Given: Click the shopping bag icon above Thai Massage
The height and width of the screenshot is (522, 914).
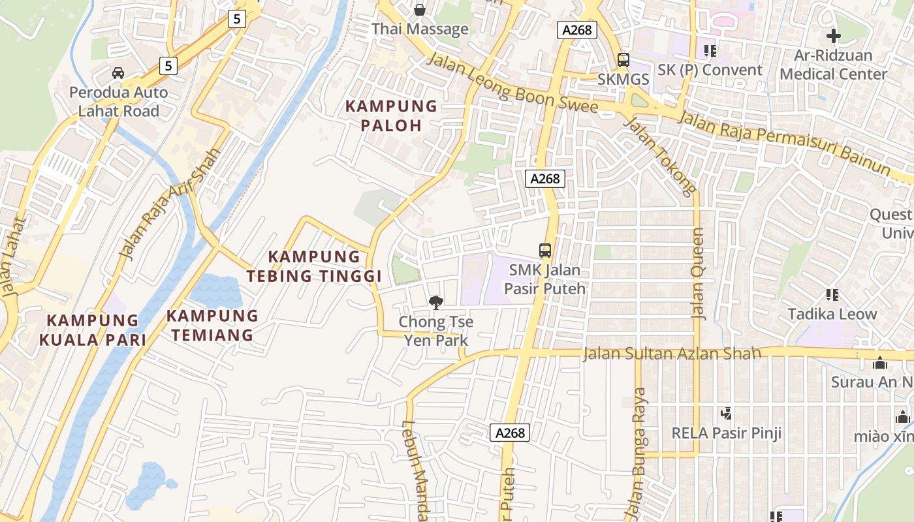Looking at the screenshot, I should pos(420,10).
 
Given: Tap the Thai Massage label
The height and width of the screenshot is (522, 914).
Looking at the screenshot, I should pos(420,29).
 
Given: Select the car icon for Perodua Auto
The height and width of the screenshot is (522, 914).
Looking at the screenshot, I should pos(118,72).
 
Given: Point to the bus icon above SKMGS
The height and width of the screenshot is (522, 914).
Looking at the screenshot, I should pos(623,60).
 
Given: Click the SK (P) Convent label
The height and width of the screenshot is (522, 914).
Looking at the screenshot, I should pos(710,70).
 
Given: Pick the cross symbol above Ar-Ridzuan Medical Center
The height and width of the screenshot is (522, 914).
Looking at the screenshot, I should pos(833,36).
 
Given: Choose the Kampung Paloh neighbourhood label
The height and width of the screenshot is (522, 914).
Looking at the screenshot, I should pos(391,115).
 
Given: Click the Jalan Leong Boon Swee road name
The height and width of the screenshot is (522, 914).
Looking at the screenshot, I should pos(512,83).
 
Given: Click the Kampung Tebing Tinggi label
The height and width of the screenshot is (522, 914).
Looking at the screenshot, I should pos(314,266).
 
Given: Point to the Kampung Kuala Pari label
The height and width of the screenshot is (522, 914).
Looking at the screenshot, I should pos(92,330).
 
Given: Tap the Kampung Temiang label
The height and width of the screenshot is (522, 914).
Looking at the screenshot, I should pos(212,325).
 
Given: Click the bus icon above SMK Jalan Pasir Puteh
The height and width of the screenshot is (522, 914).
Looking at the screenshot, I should pos(544,250).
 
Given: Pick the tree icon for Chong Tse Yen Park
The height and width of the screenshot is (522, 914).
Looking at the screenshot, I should pos(435,302).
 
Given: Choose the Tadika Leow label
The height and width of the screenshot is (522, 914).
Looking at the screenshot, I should pos(832,314).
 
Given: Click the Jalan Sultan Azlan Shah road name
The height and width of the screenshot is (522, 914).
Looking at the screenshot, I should pos(671,354).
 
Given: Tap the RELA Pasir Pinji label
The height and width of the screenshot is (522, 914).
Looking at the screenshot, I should pos(726,433).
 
